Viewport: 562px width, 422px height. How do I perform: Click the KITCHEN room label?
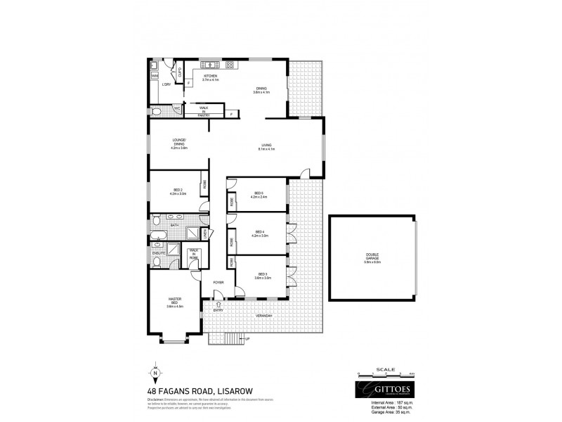click(x=210, y=75)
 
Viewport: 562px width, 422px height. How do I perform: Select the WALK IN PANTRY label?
click(x=202, y=110)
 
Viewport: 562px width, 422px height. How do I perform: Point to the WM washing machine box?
click(x=154, y=75)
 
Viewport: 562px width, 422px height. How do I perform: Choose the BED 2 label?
click(x=178, y=190)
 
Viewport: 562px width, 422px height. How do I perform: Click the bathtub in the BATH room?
click(x=157, y=236)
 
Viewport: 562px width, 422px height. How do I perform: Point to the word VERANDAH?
click(x=263, y=316)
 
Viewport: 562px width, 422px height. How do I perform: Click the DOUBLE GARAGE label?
click(x=373, y=255)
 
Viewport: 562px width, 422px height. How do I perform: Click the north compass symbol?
click(x=156, y=371)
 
